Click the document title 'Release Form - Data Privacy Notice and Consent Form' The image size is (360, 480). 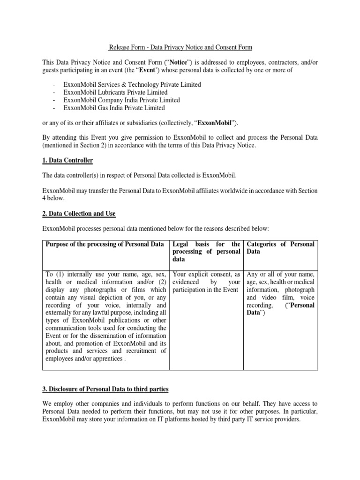coord(180,47)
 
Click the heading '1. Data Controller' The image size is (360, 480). coord(67,161)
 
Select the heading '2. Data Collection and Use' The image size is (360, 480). coord(79,214)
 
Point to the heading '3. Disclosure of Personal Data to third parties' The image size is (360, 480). coord(105,390)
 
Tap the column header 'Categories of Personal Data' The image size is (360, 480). coord(280,248)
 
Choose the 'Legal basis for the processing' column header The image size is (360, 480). coord(206,252)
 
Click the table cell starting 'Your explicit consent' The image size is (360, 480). coord(206,282)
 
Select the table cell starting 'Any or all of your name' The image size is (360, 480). coord(280,293)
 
